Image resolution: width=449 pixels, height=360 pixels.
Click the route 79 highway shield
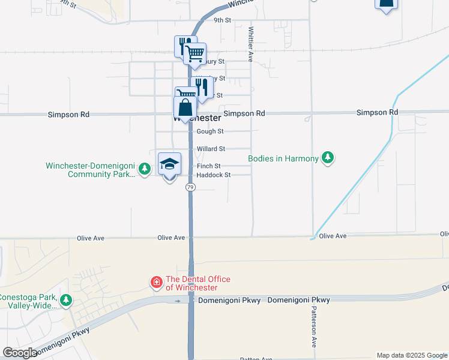(x=190, y=188)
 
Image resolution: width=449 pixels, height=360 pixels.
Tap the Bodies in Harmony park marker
(x=327, y=158)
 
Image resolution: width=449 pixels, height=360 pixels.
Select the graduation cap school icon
(x=170, y=163)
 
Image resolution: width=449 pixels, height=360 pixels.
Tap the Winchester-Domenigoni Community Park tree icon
(x=144, y=169)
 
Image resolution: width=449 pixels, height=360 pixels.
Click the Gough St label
(x=210, y=131)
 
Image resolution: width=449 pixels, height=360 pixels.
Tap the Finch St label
(x=209, y=166)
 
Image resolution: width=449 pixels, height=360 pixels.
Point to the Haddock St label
(x=214, y=175)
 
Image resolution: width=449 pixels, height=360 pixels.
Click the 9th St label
(x=223, y=20)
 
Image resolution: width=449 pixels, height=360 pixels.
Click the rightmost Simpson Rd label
(x=377, y=112)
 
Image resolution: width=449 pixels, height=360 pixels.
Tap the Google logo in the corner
(x=20, y=353)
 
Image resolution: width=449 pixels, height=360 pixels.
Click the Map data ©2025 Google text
(x=412, y=355)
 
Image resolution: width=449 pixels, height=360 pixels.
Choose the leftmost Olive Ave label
(x=91, y=238)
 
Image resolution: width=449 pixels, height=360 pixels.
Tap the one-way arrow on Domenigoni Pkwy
(x=178, y=300)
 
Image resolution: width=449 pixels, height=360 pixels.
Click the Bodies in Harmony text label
(x=283, y=159)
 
